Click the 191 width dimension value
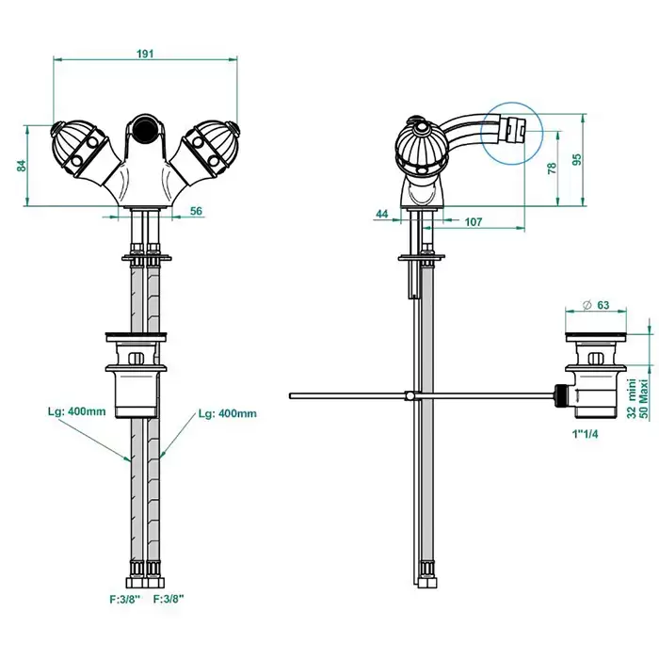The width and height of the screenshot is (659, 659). click(145, 54)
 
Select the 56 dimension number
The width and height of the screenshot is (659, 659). click(196, 211)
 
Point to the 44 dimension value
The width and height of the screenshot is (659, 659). click(382, 215)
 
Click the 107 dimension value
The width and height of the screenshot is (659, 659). click(474, 222)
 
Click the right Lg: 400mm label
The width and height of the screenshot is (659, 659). click(228, 413)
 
